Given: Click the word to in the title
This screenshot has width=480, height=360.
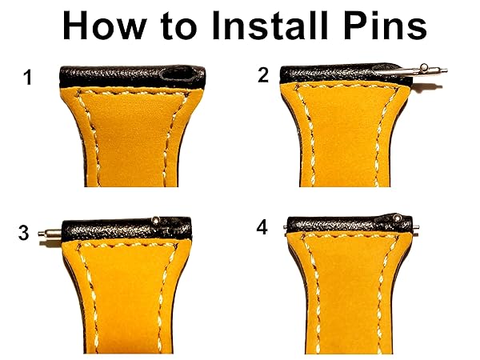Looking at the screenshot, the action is pyautogui.click(x=178, y=27).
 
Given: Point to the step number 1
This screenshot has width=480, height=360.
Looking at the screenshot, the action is pyautogui.click(x=28, y=78).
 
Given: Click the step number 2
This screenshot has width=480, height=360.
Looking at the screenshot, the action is pyautogui.click(x=263, y=75).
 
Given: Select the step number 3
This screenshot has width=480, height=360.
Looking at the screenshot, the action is pyautogui.click(x=23, y=233).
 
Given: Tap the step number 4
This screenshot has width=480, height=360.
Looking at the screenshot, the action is pyautogui.click(x=262, y=228).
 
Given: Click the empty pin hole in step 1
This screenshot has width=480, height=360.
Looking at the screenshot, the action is pyautogui.click(x=178, y=74).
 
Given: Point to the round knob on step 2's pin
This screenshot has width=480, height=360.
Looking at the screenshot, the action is pyautogui.click(x=424, y=66).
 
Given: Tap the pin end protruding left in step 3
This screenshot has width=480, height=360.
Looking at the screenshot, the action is pyautogui.click(x=50, y=234).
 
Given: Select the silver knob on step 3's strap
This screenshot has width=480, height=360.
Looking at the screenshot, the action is pyautogui.click(x=156, y=219).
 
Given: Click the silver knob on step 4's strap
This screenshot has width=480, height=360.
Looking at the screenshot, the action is pyautogui.click(x=398, y=218).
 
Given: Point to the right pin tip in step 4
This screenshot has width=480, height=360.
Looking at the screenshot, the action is pyautogui.click(x=416, y=227).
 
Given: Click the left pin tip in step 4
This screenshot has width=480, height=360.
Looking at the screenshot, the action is pyautogui.click(x=286, y=227).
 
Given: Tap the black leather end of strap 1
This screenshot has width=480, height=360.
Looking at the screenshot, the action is pyautogui.click(x=132, y=77).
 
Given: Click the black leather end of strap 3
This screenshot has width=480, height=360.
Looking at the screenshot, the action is pyautogui.click(x=126, y=229).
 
